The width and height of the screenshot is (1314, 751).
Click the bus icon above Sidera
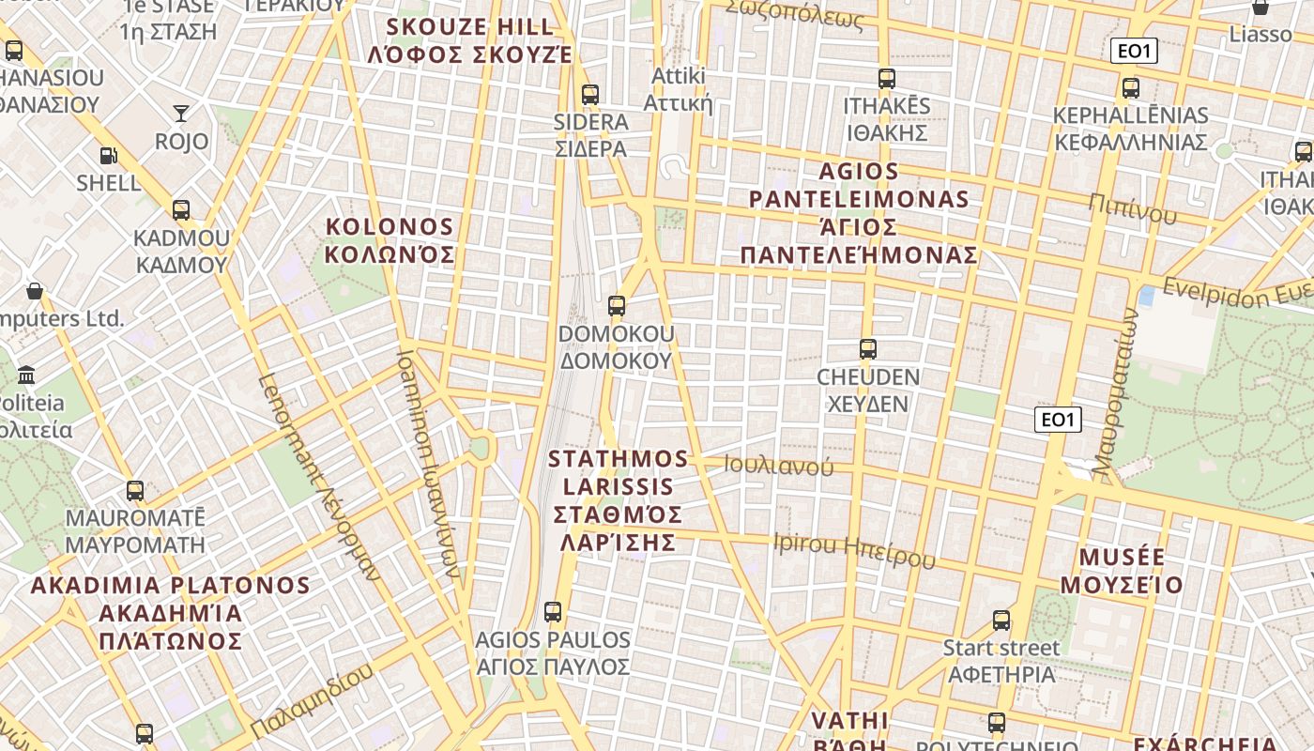[590, 95]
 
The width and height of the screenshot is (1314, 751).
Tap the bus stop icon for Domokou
[617, 306]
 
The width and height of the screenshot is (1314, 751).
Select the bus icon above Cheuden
[868, 349]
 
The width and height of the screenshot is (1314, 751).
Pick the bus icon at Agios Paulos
[553, 612]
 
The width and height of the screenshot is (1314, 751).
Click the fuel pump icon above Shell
[109, 156]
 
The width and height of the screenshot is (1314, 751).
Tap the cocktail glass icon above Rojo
[181, 114]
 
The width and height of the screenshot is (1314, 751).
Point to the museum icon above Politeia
[26, 375]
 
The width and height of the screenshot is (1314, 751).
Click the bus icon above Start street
[1001, 621]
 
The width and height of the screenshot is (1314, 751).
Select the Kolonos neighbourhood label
[390, 240]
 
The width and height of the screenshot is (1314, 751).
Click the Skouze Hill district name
[469, 39]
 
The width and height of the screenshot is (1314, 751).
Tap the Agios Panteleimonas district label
[859, 213]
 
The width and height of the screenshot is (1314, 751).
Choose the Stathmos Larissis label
[619, 500]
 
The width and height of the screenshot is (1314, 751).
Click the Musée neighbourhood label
[1122, 571]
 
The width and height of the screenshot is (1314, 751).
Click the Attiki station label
[678, 88]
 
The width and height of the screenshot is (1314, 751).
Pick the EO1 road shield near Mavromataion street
[1058, 420]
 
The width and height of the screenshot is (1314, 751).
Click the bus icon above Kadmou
[181, 210]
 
